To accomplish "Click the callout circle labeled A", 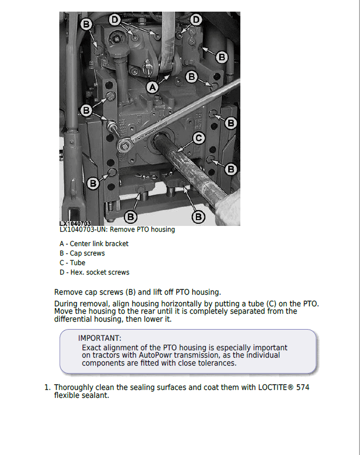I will (152, 87).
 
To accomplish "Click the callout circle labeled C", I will (198, 139).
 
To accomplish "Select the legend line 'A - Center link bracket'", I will (94, 244).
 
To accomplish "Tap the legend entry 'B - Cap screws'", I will (82, 253).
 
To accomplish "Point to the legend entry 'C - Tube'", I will (73, 263).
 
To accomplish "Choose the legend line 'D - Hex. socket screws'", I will (94, 272).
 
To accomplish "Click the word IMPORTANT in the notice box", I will (100, 338).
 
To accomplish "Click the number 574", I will (303, 387).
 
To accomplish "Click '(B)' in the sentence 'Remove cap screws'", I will (130, 292).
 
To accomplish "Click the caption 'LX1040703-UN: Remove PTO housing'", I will (117, 230).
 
